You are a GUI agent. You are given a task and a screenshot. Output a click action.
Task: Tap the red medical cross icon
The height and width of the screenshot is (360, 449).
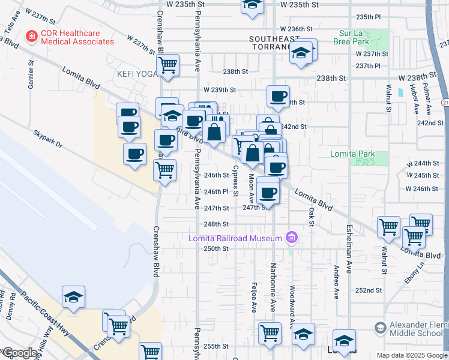[x=30, y=37]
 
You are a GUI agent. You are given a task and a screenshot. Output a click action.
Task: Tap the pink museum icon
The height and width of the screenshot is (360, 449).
[x=292, y=238]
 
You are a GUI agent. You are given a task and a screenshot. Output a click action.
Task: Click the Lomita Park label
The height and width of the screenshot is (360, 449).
[x=352, y=154]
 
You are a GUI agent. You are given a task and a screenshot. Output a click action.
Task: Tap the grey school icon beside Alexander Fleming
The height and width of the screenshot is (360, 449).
[x=379, y=328]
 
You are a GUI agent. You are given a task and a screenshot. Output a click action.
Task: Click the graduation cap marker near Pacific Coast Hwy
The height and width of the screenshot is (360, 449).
[x=74, y=296]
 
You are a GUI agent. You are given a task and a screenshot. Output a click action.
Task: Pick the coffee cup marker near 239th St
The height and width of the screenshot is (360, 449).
[x=278, y=96]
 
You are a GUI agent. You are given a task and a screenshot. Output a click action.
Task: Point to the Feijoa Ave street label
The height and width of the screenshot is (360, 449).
[x=255, y=297]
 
